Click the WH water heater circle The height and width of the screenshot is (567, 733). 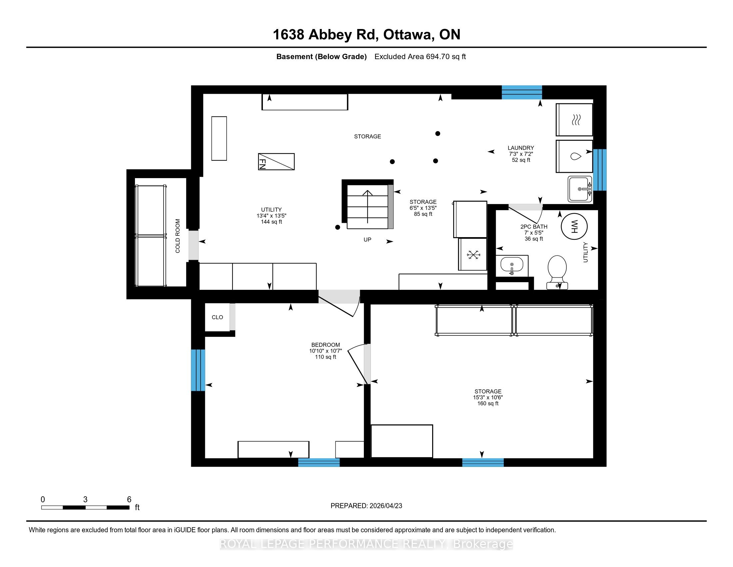574,226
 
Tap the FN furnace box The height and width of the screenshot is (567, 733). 276,161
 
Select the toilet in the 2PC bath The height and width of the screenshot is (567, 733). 557,272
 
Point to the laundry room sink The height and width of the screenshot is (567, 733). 580,189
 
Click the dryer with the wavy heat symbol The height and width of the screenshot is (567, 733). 574,119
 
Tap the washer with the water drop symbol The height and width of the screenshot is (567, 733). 574,156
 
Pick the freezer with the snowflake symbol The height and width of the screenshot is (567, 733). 473,254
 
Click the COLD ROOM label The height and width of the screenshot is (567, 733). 178,236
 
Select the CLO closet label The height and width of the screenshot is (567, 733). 218,317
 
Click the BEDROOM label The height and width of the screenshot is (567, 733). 326,345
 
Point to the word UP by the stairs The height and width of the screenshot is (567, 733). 367,239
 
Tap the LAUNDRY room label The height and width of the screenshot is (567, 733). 521,148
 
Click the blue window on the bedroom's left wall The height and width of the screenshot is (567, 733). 198,370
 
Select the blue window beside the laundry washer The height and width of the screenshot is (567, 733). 600,170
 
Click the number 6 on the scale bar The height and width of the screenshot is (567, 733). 129,500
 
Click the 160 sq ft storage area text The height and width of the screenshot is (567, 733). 488,404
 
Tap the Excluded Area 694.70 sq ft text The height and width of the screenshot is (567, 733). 420,57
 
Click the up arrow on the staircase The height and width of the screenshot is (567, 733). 367,206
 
